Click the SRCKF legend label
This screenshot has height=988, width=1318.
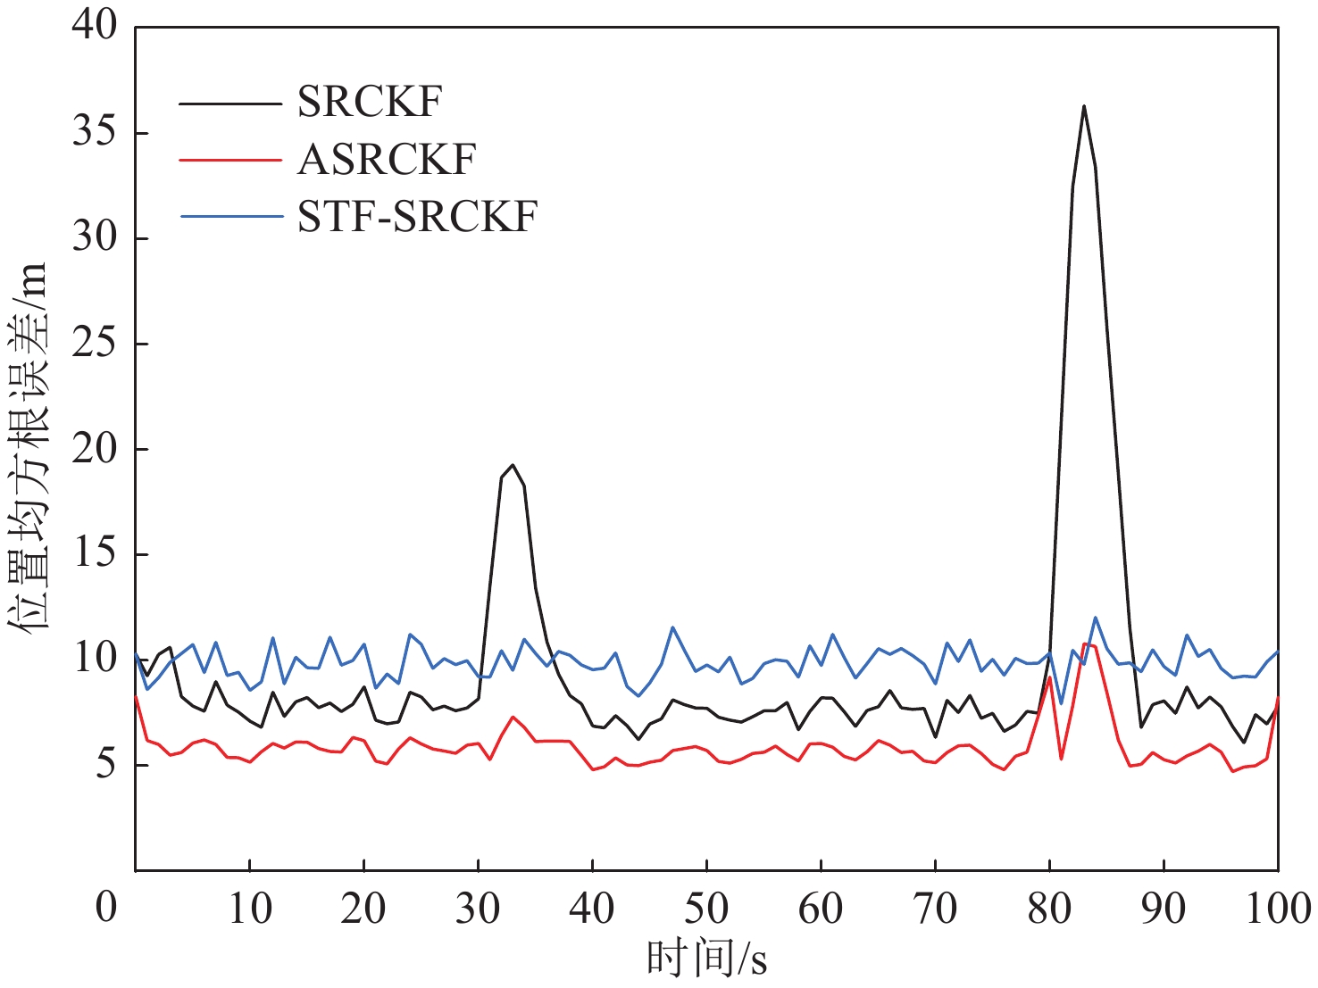369,103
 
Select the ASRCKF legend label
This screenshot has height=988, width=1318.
387,160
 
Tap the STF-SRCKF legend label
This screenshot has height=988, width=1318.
417,217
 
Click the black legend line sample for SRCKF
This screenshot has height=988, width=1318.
230,104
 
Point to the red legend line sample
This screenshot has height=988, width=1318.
230,161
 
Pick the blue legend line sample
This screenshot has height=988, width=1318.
230,217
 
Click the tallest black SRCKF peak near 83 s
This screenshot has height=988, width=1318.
1083,106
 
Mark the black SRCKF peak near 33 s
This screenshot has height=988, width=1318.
513,465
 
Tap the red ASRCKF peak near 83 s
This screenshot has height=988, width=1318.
1085,643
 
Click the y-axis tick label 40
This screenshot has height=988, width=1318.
95,27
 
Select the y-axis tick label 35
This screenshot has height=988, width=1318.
95,133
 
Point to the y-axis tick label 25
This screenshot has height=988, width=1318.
95,344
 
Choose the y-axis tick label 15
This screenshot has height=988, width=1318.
95,554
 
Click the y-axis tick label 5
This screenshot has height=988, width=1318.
106,765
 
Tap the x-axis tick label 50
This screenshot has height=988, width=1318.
706,909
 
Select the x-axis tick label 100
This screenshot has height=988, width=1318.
1277,909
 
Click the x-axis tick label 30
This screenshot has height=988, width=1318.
478,909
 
